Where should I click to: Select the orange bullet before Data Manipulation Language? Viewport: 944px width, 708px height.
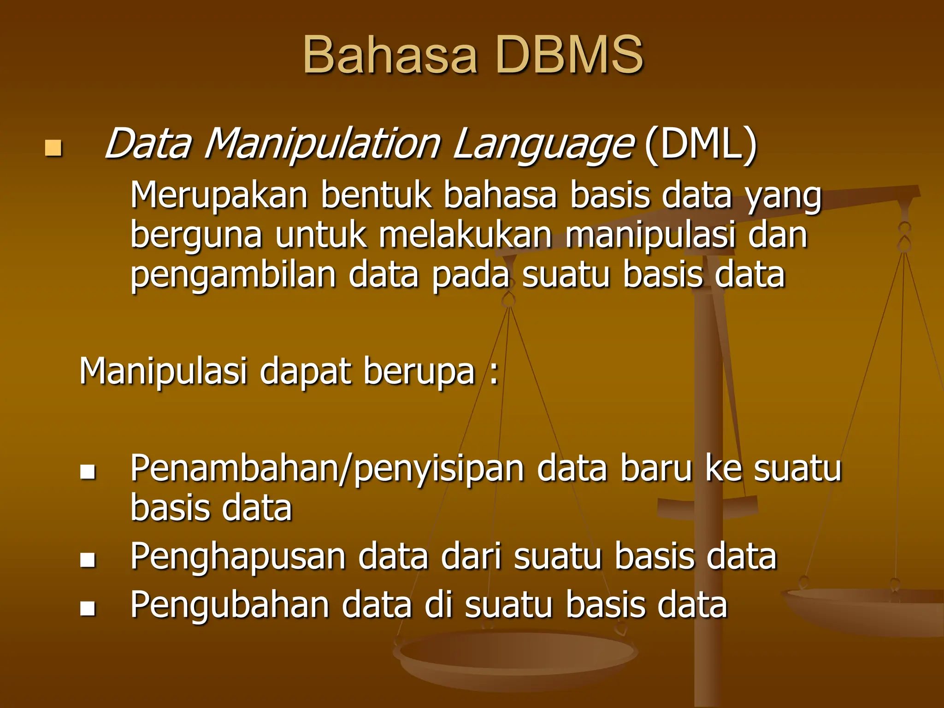(x=53, y=148)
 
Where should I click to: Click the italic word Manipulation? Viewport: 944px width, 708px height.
(x=322, y=145)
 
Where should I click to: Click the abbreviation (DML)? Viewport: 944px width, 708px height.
(x=701, y=145)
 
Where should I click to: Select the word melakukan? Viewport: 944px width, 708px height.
(x=465, y=235)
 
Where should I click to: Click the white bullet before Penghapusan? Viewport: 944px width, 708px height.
(x=88, y=560)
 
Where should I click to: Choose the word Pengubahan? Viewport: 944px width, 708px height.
(x=230, y=606)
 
